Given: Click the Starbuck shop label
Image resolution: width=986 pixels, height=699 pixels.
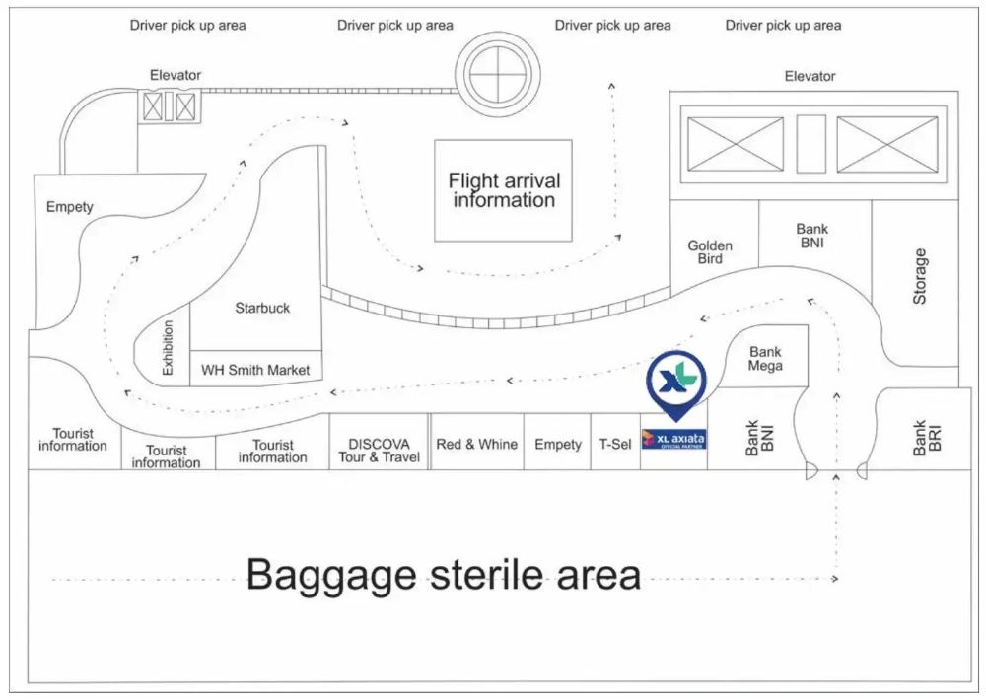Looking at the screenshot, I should click(262, 308).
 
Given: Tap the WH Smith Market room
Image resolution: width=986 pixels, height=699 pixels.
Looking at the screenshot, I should click(255, 370).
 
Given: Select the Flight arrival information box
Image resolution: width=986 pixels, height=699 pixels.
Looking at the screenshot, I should click(503, 190).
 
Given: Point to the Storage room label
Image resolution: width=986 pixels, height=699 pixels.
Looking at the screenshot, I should click(919, 276).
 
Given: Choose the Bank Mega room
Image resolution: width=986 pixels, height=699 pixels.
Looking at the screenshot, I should click(765, 359).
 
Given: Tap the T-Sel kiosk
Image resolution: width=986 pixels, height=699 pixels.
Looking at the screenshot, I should click(615, 445).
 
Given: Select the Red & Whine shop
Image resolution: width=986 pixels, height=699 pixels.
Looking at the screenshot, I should click(476, 445).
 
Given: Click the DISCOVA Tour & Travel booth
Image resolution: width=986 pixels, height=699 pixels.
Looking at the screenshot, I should click(379, 451).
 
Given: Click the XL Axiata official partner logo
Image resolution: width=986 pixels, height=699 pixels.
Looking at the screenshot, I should click(673, 440).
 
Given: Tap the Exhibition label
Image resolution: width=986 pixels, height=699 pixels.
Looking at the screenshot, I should click(168, 347).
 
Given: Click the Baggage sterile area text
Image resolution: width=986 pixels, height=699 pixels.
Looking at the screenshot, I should click(443, 574).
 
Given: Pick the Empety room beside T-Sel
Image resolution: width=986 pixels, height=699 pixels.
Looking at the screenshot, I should click(558, 445).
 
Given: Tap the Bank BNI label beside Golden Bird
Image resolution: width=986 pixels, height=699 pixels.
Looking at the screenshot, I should click(812, 237).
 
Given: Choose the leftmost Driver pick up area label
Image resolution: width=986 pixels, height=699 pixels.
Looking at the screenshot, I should click(187, 25).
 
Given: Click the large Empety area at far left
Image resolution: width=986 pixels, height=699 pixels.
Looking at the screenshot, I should click(69, 208).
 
